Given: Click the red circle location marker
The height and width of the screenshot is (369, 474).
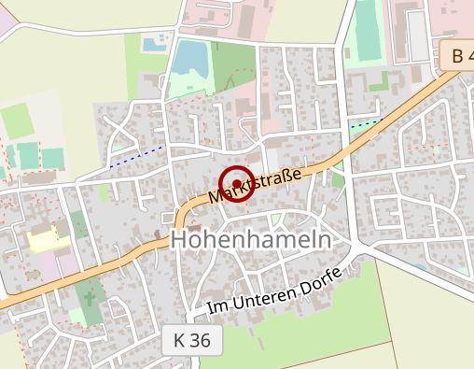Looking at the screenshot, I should click(237, 184).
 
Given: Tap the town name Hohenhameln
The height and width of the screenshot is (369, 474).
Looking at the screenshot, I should click(251, 240).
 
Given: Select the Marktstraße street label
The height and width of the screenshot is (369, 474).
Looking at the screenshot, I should click(255, 184).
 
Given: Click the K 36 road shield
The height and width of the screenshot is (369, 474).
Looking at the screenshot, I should click(192, 341).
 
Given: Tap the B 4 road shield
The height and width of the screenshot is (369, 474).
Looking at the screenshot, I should click(458, 56).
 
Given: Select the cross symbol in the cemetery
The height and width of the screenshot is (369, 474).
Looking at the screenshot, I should click(90, 299).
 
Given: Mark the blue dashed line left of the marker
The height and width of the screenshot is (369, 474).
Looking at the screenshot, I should click(136, 156).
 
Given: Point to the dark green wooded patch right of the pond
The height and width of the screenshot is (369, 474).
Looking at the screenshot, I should click(230, 64).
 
